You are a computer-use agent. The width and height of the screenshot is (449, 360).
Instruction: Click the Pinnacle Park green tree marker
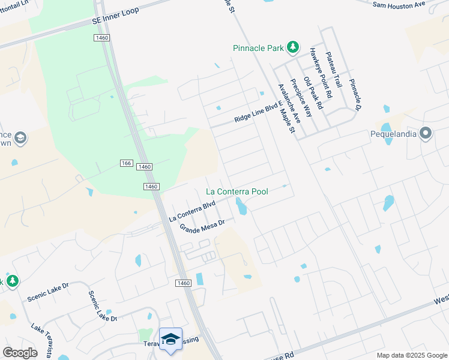click(x=292, y=47)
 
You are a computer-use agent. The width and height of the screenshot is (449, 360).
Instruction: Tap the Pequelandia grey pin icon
click(x=426, y=133)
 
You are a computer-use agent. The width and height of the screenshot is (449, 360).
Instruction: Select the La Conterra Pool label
click(x=237, y=191)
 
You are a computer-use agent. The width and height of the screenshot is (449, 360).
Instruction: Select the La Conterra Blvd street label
click(x=192, y=211)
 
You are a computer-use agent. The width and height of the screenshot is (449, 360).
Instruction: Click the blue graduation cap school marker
click(x=170, y=338)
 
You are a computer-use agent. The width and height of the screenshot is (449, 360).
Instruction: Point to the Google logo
click(x=20, y=352)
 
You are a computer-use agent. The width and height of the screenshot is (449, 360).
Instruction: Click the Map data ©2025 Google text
click(x=411, y=355)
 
